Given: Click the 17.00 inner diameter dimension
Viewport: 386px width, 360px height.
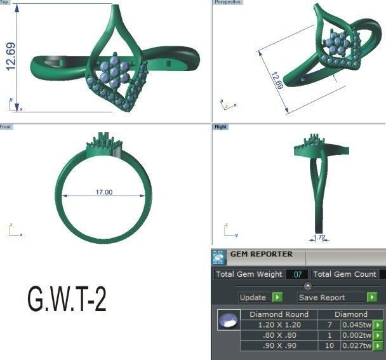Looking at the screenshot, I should (103, 192).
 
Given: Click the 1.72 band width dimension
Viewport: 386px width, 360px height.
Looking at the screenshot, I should (319, 238).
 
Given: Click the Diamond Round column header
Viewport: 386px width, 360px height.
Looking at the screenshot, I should (279, 314).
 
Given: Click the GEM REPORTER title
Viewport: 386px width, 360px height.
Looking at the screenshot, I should (261, 254).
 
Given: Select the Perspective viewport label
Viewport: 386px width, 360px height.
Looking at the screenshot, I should (228, 3).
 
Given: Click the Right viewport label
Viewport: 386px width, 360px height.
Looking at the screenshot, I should (221, 127).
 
